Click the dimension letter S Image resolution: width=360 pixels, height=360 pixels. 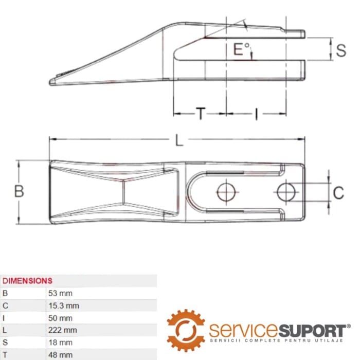(341, 50)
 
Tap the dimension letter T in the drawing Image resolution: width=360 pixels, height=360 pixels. (201, 114)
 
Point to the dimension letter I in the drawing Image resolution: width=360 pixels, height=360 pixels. (257, 114)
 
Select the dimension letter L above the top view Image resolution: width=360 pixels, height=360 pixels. (179, 140)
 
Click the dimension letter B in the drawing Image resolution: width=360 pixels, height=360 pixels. (19, 191)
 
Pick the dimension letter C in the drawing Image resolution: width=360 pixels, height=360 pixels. (338, 193)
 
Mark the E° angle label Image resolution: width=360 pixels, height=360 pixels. (241, 49)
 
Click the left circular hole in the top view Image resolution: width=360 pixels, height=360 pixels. (226, 192)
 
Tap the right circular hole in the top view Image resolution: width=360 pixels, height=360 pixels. (286, 192)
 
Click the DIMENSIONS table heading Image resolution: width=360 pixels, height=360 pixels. (27, 281)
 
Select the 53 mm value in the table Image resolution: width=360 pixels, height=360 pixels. (60, 293)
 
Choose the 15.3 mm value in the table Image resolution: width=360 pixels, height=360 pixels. (64, 305)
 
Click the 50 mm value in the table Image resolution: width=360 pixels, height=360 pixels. (60, 318)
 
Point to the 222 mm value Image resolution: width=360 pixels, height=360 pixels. (62, 330)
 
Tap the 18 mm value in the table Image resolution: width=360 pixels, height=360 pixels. (60, 343)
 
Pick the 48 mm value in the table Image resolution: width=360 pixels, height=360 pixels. (60, 355)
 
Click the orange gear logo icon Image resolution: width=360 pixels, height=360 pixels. (186, 330)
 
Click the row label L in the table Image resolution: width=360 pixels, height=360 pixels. (5, 330)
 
